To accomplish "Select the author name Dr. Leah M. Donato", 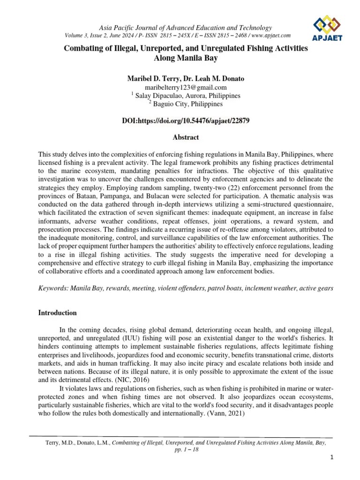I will (215, 78).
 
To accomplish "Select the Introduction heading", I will (58, 313).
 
